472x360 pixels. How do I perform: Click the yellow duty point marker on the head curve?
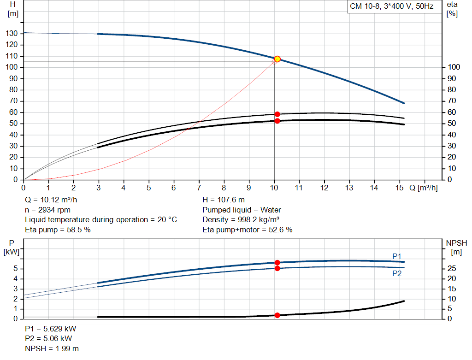pyautogui.click(x=277, y=59)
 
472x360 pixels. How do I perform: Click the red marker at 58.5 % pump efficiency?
pyautogui.click(x=277, y=114)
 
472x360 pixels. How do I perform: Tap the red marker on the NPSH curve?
pyautogui.click(x=277, y=315)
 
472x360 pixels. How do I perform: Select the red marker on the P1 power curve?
pyautogui.click(x=277, y=262)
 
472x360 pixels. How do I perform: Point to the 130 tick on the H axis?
pyautogui.click(x=12, y=34)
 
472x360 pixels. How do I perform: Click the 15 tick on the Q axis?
pyautogui.click(x=399, y=188)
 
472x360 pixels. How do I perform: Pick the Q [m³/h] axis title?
pyautogui.click(x=424, y=188)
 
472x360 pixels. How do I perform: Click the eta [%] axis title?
pyautogui.click(x=452, y=9)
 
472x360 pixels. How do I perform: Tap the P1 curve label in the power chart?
pyautogui.click(x=397, y=256)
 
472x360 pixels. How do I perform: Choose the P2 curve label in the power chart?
pyautogui.click(x=397, y=273)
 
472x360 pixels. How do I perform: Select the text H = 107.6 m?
pyautogui.click(x=224, y=200)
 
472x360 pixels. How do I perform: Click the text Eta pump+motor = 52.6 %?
pyautogui.click(x=248, y=229)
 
